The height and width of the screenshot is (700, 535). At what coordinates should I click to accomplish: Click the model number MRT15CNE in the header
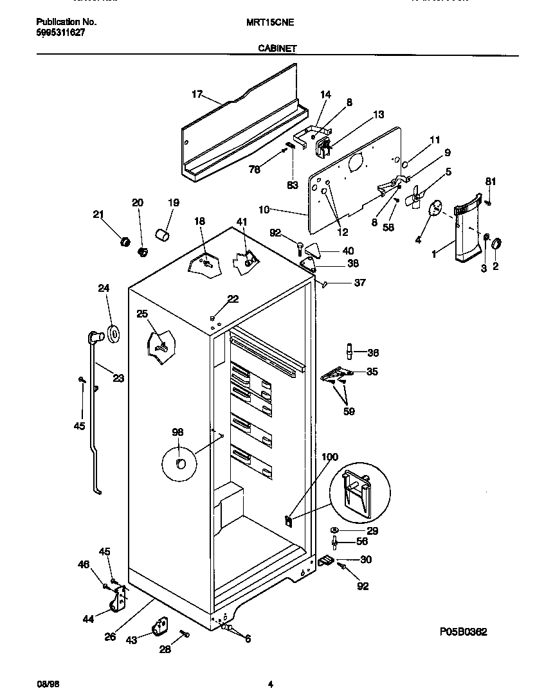point(270,21)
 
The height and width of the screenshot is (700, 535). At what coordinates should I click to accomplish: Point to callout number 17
point(197,94)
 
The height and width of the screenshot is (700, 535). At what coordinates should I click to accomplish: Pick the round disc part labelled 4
point(436,208)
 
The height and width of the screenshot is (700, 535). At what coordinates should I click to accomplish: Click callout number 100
point(329,457)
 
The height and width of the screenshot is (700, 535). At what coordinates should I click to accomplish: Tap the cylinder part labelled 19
point(163,233)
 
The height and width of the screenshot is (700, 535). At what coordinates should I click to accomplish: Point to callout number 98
point(177,432)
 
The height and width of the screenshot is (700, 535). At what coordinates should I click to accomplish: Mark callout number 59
point(348,411)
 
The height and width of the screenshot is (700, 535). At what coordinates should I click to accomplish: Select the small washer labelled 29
point(336,530)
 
